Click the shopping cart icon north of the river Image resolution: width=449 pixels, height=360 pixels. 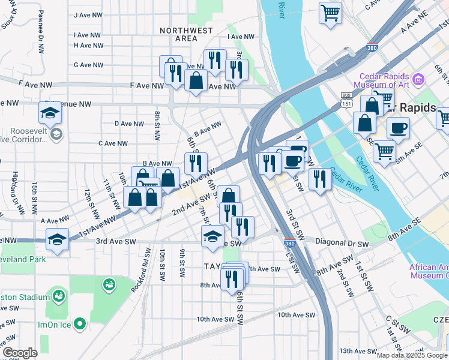[330, 13]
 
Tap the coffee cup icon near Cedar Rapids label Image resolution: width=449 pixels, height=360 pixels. [398, 127]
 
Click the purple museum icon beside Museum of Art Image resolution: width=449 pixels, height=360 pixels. [420, 77]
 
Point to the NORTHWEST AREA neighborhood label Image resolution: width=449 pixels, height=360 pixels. [185, 34]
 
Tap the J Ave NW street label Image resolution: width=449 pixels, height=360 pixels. [88, 15]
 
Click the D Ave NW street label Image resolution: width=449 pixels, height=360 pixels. [129, 124]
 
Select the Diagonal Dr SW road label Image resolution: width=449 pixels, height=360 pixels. [342, 244]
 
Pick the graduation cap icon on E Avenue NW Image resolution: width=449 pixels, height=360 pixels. [50, 112]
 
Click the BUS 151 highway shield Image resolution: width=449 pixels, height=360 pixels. [346, 99]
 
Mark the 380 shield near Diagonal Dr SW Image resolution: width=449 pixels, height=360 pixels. [290, 244]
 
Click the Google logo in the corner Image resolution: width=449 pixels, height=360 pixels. [20, 353]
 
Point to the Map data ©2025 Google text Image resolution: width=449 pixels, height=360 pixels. [411, 355]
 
